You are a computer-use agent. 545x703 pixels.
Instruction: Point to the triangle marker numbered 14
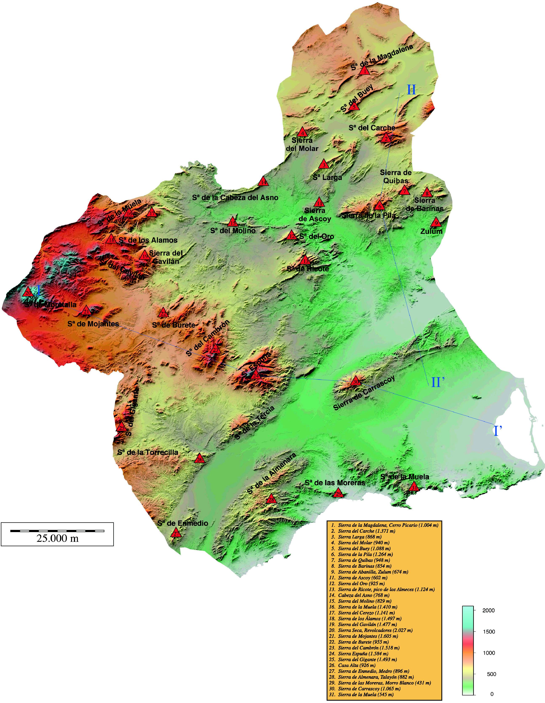263,182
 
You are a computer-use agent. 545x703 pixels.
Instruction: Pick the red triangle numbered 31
414,487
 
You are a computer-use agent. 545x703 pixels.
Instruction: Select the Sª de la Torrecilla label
148,452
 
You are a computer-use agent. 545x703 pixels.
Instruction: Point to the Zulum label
431,231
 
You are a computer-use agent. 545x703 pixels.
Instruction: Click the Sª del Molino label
233,231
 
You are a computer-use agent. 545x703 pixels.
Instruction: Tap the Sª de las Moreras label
335,483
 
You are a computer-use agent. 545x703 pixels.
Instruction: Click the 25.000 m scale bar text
57,538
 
